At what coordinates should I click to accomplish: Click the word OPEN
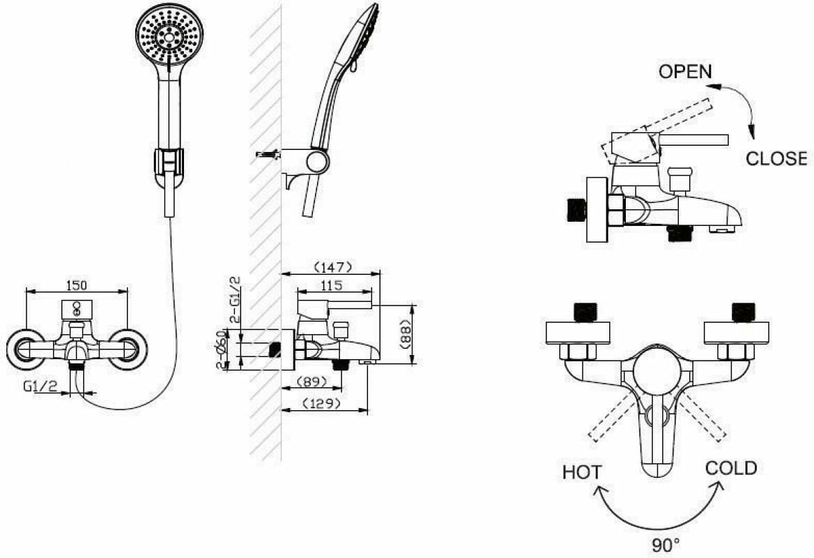pos(685,71)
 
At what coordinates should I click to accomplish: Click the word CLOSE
pos(776,158)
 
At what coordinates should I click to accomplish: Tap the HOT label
pos(582,472)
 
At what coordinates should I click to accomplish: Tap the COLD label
pos(731,468)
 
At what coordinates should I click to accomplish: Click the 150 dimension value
pos(76,284)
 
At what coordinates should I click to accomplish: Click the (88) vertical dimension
pos(405,334)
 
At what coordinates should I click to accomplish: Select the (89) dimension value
pos(312,382)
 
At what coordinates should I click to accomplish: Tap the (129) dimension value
pos(321,403)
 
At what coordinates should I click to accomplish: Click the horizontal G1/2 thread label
pos(40,385)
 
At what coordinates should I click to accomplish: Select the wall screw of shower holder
pos(267,153)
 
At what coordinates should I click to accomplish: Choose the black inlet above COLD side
pos(743,312)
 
